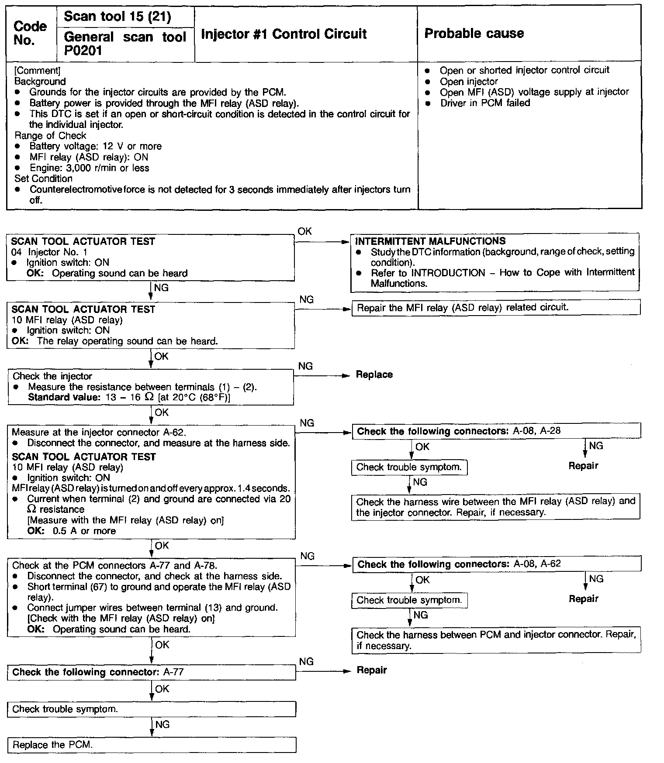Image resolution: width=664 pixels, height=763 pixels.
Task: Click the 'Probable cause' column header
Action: pyautogui.click(x=474, y=34)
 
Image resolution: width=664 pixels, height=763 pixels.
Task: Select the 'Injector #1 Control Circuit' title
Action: pyautogui.click(x=284, y=34)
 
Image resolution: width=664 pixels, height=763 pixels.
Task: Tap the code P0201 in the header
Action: pyautogui.click(x=83, y=51)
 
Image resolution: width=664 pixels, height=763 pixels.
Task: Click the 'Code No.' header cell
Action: pyautogui.click(x=30, y=33)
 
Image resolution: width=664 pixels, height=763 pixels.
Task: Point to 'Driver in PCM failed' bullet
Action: pyautogui.click(x=485, y=103)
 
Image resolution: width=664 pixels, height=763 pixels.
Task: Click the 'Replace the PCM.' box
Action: pyautogui.click(x=151, y=745)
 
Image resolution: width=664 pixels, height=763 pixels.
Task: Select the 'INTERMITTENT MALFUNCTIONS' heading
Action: pyautogui.click(x=430, y=241)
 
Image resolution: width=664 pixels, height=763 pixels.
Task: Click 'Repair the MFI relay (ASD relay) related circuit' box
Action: pyautogui.click(x=496, y=307)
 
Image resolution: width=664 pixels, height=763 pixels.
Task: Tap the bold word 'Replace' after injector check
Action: pyautogui.click(x=374, y=375)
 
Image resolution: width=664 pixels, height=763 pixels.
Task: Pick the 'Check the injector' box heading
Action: pyautogui.click(x=52, y=376)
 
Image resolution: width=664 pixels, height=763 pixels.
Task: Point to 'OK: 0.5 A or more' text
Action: pyautogui.click(x=71, y=531)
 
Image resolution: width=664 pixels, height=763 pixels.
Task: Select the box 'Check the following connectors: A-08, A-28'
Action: pyautogui.click(x=496, y=431)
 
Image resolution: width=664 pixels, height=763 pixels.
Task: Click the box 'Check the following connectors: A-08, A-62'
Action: pyautogui.click(x=496, y=564)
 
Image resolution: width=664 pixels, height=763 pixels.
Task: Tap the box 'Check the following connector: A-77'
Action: pyautogui.click(x=151, y=672)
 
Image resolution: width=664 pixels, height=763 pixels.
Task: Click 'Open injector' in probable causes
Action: pyautogui.click(x=469, y=82)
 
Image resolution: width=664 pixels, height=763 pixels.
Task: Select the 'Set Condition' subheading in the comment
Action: pyautogui.click(x=43, y=179)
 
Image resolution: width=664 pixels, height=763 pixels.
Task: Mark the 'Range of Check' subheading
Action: pyautogui.click(x=50, y=136)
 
